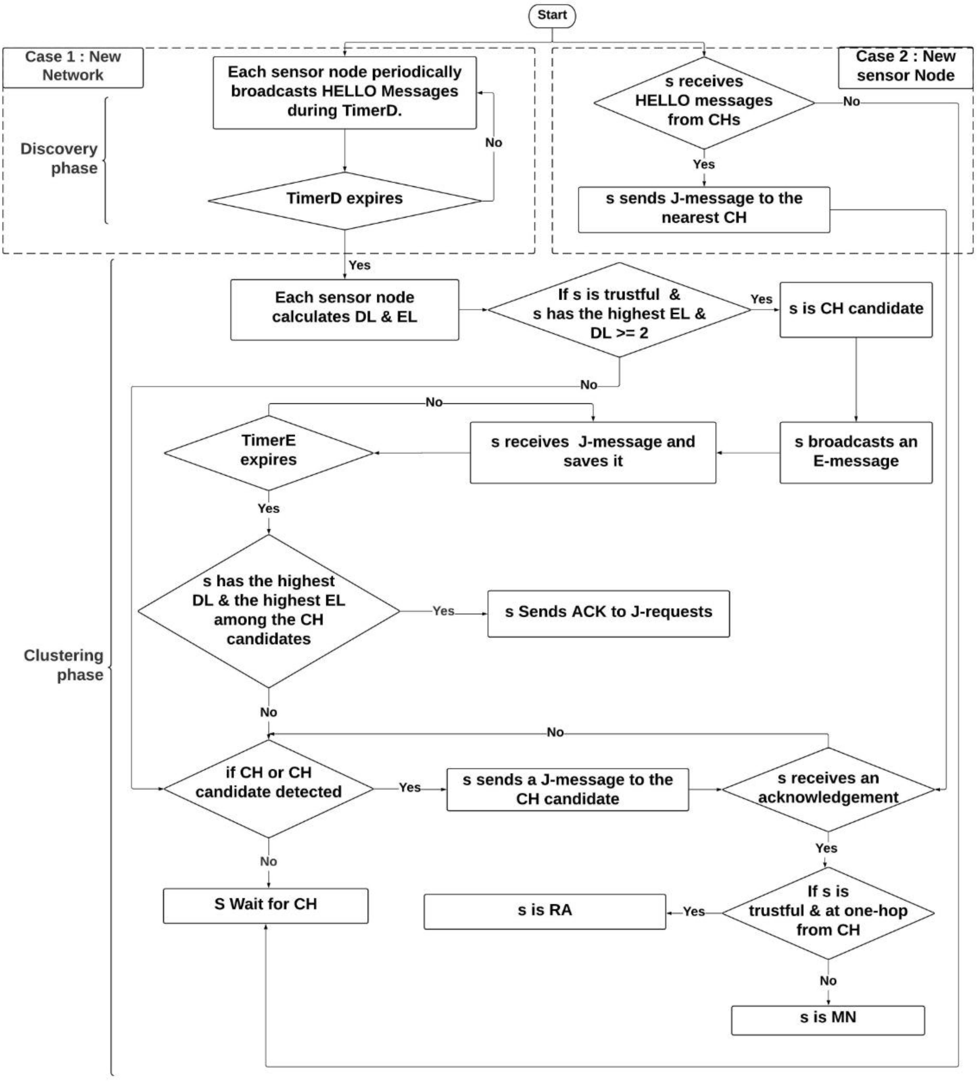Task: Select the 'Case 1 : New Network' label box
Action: click(x=73, y=67)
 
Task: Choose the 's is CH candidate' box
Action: click(x=856, y=309)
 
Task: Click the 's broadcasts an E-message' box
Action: click(x=856, y=452)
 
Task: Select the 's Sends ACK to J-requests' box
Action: click(x=608, y=613)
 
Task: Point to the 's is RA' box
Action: click(x=545, y=911)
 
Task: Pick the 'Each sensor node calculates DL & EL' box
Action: click(x=344, y=308)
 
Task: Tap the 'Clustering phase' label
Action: click(x=64, y=665)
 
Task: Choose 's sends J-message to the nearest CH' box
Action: click(x=703, y=209)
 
